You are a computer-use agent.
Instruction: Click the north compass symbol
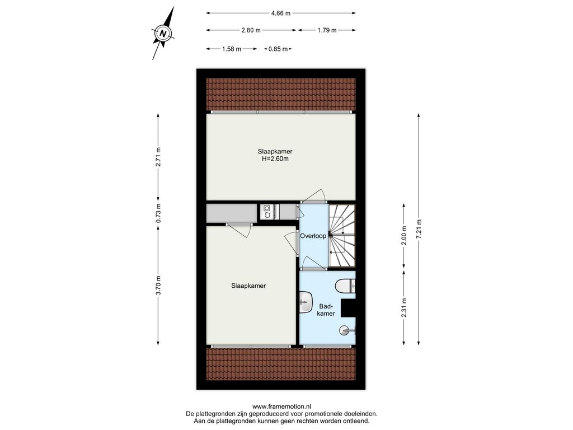[163, 34]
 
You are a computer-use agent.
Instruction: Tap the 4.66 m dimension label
[281, 13]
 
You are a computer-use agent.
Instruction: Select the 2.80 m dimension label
[251, 30]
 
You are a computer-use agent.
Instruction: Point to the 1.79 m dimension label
[327, 30]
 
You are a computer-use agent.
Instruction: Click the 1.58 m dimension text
[231, 49]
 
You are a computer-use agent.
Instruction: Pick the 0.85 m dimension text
[278, 49]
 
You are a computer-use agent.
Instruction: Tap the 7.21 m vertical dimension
[419, 229]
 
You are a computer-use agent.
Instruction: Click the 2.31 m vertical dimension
[404, 309]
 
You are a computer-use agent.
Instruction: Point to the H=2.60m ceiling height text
[275, 158]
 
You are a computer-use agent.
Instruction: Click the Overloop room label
[313, 236]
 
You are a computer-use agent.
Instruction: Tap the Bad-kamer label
[326, 310]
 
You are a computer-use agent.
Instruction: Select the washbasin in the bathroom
[306, 302]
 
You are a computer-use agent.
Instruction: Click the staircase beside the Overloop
[342, 236]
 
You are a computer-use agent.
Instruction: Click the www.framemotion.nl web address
[282, 406]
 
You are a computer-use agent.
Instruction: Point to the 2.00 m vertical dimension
[404, 237]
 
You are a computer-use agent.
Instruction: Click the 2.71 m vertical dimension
[158, 157]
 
